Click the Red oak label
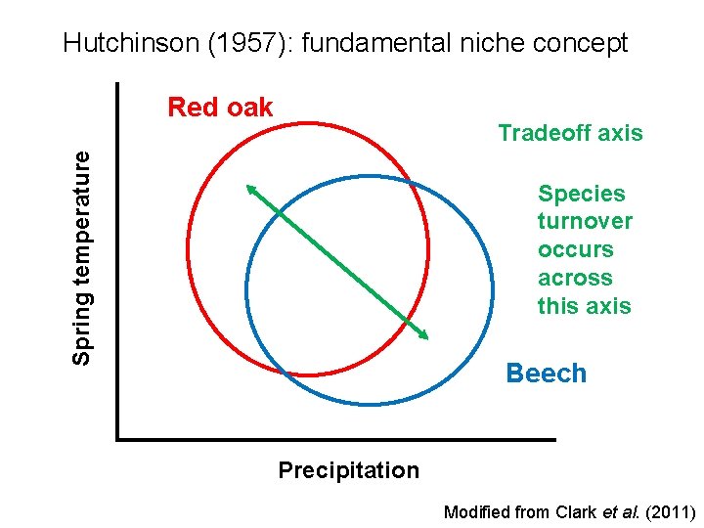click(x=220, y=107)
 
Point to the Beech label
click(x=546, y=374)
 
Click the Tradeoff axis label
click(x=570, y=133)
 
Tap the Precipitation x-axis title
click(x=348, y=470)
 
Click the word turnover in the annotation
click(x=585, y=222)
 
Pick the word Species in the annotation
click(x=581, y=194)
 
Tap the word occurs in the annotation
click(x=575, y=250)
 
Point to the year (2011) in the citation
click(x=669, y=511)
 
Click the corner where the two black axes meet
click(x=117, y=439)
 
